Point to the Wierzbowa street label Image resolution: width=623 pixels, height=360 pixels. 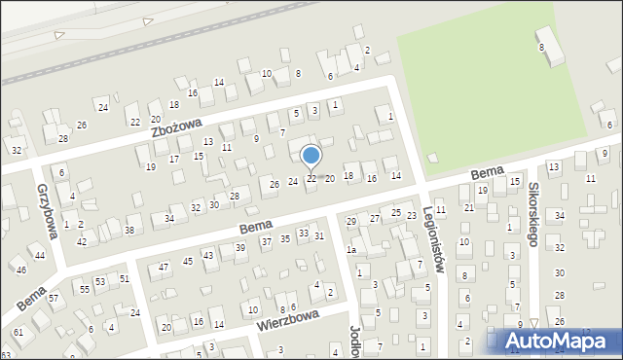[x=289, y=321]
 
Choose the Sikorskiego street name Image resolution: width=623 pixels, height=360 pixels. [x=533, y=214]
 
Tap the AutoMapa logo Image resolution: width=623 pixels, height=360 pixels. [x=561, y=342]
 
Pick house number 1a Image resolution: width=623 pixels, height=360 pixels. [x=351, y=250]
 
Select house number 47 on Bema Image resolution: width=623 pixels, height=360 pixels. [x=164, y=267]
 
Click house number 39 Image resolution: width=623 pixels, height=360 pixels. [x=240, y=248]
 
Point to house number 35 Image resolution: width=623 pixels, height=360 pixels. [x=285, y=238]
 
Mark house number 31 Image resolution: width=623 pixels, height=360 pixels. [x=319, y=236]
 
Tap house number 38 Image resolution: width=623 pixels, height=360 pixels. [x=128, y=230]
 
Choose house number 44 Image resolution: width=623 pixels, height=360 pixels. [x=39, y=255]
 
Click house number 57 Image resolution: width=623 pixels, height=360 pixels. [x=54, y=298]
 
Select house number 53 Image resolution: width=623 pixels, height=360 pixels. [x=99, y=281]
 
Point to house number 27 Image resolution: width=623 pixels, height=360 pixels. [x=375, y=219]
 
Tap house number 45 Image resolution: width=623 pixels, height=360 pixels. [x=184, y=261]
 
